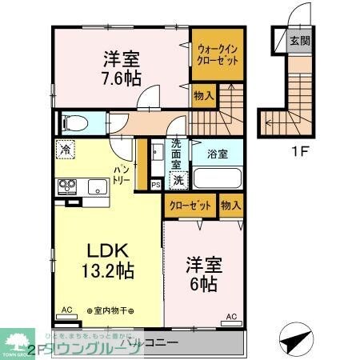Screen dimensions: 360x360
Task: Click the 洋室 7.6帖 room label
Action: point(122,70)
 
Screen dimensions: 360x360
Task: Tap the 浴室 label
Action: point(217,153)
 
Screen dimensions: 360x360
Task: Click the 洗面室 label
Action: point(176,154)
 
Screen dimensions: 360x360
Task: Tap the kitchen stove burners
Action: point(65,188)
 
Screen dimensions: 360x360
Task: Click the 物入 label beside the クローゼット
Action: point(230,206)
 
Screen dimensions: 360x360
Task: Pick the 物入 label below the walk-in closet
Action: point(204,95)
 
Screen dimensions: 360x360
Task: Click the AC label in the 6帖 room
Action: point(230,316)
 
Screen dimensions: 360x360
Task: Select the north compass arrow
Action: point(294,338)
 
